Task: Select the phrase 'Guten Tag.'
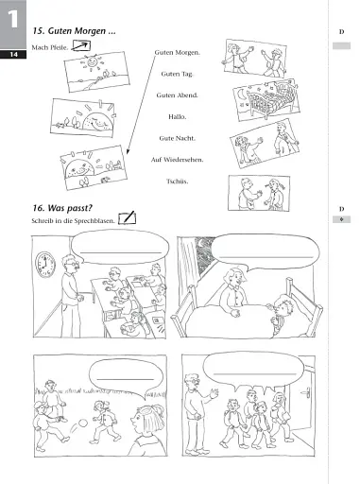pos(180,74)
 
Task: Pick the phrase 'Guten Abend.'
pos(180,95)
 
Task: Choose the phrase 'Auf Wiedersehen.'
pos(180,160)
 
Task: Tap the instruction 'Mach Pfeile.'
pos(50,46)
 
